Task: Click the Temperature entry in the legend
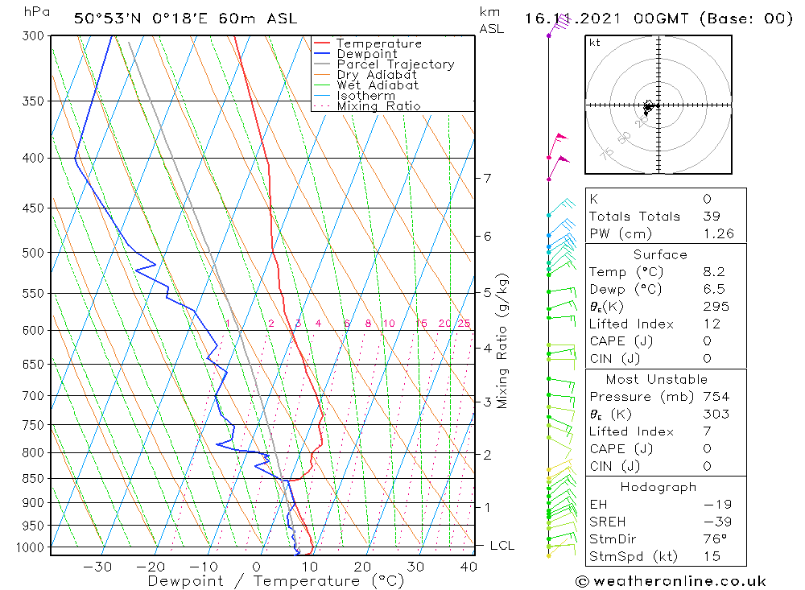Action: coord(378,43)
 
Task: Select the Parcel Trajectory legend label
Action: coord(395,64)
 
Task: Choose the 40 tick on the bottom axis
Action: coord(467,567)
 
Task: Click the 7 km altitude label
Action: coord(487,178)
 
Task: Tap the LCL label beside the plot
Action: coord(502,546)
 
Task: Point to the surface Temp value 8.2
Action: coord(713,272)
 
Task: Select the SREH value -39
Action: coord(712,522)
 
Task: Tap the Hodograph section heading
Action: coord(658,487)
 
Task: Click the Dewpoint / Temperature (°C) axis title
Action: coord(264,581)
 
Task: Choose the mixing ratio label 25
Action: coord(464,324)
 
